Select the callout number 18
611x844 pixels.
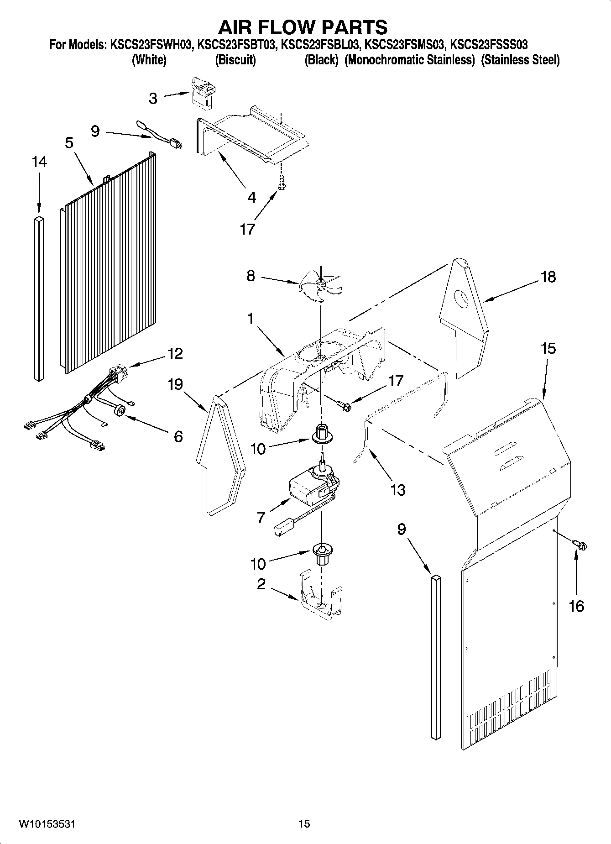pyautogui.click(x=548, y=277)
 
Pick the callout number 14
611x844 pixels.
pyautogui.click(x=39, y=162)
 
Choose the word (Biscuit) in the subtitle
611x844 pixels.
pyautogui.click(x=235, y=60)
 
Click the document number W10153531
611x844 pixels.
pyautogui.click(x=47, y=824)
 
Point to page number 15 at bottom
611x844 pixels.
pyautogui.click(x=304, y=824)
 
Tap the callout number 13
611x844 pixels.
pyautogui.click(x=398, y=490)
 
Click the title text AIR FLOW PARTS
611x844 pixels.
pyautogui.click(x=303, y=28)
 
